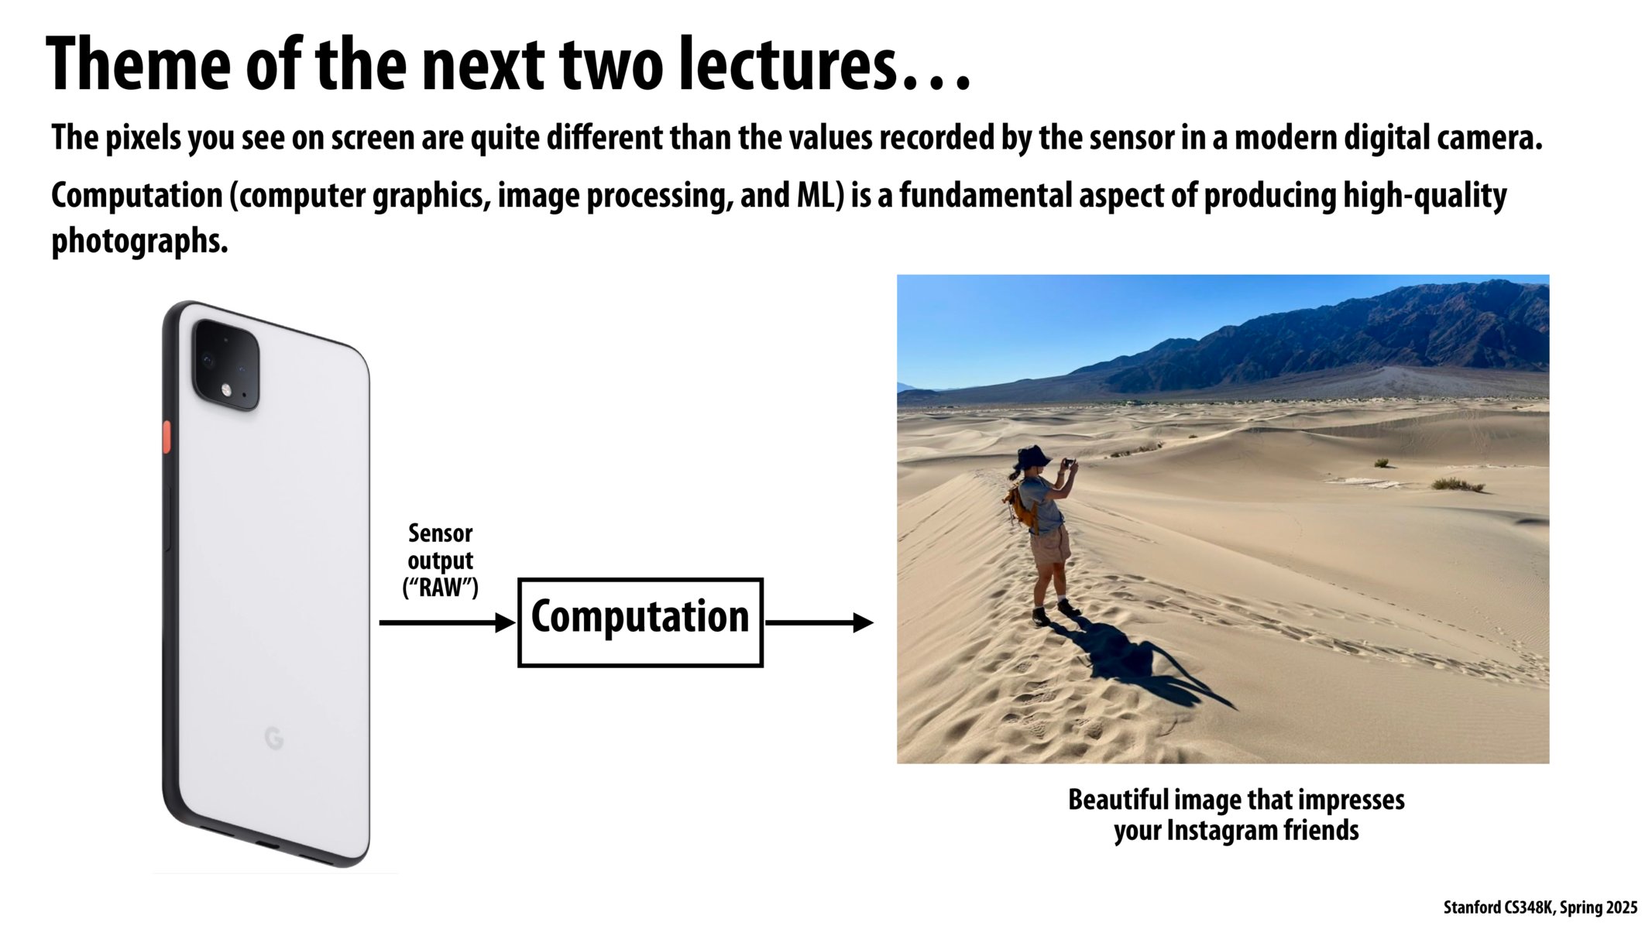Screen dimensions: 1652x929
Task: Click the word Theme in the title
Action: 138,65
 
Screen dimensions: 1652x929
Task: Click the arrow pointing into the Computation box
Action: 447,622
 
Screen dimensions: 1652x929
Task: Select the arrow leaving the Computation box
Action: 819,622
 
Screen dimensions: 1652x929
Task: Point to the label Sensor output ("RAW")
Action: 440,560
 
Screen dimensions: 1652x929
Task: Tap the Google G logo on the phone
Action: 274,738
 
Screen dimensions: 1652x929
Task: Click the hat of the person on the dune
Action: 1032,457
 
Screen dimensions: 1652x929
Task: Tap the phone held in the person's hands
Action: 1068,463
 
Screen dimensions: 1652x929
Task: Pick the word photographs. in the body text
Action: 139,242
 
